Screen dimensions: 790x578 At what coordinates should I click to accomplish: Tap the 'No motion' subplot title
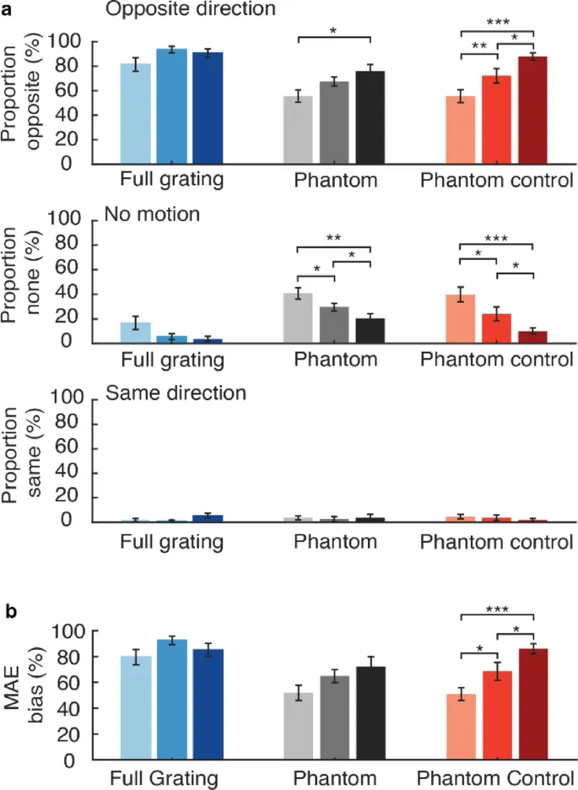[x=152, y=214]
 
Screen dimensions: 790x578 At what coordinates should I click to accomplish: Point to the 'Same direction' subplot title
[x=175, y=393]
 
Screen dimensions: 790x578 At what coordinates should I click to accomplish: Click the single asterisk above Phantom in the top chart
[x=333, y=31]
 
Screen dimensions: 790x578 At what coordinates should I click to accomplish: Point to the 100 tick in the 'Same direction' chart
[x=67, y=398]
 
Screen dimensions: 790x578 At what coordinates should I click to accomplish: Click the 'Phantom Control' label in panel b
[x=496, y=776]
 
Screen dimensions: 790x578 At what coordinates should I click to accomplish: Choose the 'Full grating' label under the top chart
[x=172, y=180]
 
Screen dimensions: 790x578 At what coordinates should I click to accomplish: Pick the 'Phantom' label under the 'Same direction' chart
[x=335, y=541]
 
